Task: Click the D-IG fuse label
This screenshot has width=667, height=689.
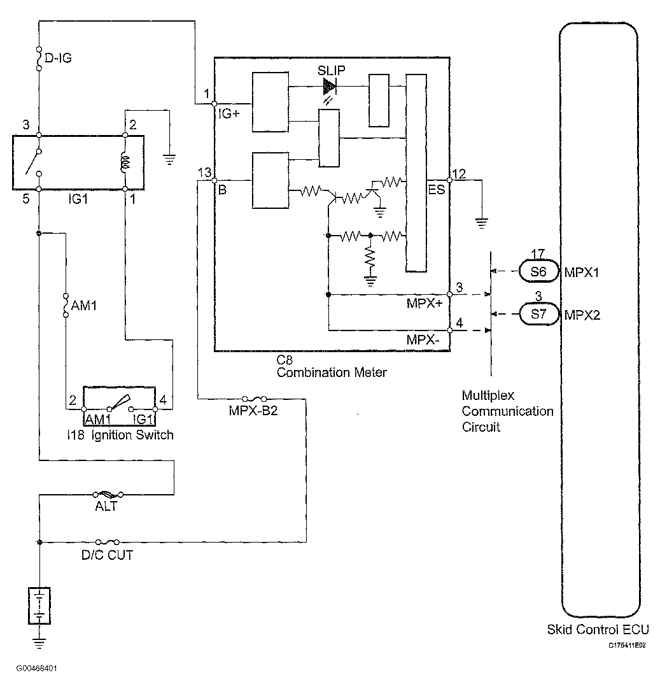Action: [59, 59]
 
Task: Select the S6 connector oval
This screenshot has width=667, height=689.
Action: [538, 271]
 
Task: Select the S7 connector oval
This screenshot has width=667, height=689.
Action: [538, 314]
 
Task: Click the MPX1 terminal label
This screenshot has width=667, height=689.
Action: [582, 272]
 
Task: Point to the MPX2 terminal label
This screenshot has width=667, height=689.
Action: [582, 315]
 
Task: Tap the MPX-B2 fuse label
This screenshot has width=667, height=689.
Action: [253, 411]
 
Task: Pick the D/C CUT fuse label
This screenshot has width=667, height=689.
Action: [107, 555]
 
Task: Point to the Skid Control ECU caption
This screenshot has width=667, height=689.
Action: [598, 630]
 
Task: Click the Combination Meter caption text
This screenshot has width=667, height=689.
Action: [332, 373]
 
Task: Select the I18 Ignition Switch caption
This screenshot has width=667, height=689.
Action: [120, 435]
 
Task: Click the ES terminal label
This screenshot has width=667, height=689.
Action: [437, 190]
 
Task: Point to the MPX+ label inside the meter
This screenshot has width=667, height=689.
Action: [425, 304]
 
